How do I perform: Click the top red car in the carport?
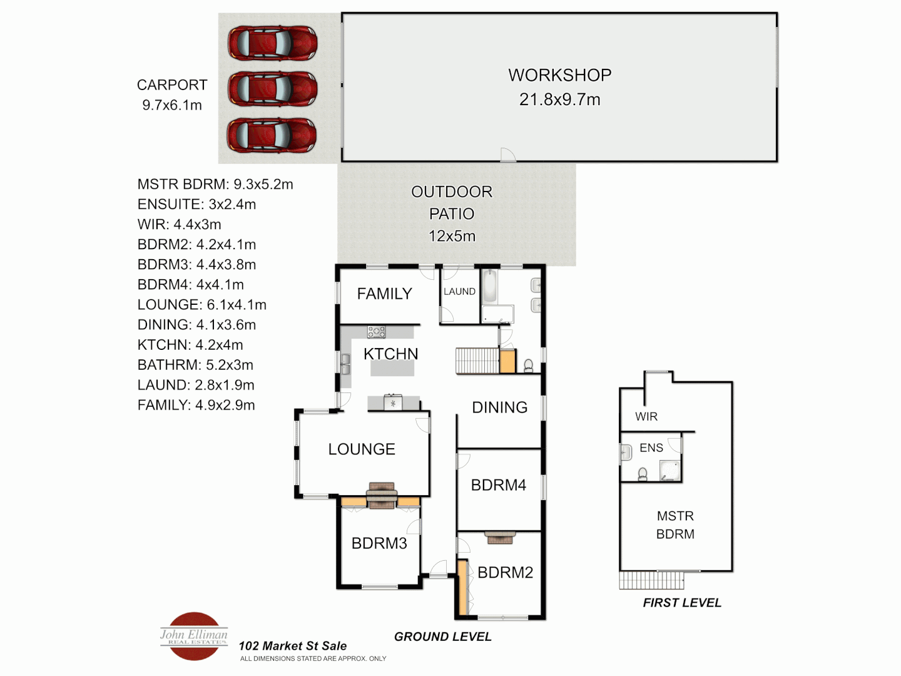[x=272, y=43]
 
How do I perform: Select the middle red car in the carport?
[x=272, y=89]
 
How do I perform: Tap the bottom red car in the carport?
[x=272, y=135]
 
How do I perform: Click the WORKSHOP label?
[x=559, y=75]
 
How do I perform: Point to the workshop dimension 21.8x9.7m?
[x=559, y=100]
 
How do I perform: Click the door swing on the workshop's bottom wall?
[x=507, y=155]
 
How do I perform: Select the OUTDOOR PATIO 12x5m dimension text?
[x=452, y=236]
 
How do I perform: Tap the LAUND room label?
[x=459, y=292]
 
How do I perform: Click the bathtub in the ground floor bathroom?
[x=489, y=286]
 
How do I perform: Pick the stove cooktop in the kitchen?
[x=377, y=332]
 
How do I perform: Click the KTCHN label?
[x=390, y=354]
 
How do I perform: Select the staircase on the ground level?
[x=477, y=361]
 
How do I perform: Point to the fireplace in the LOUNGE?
[x=382, y=494]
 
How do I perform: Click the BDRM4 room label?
[x=498, y=485]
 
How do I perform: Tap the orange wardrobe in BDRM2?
[x=462, y=587]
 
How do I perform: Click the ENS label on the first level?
[x=651, y=448]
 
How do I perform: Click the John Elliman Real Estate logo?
[x=194, y=636]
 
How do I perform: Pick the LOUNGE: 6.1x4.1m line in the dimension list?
[x=202, y=305]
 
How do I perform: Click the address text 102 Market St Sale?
[x=292, y=646]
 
